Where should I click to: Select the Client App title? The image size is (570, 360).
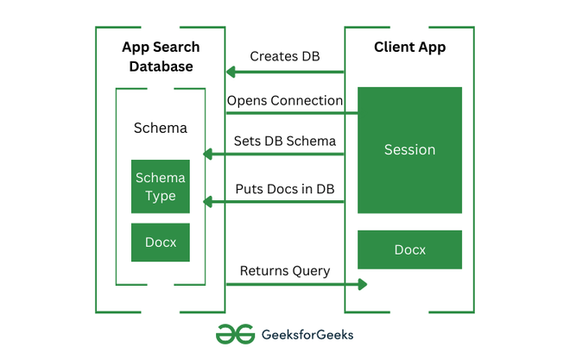(409, 47)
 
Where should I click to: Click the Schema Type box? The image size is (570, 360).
(161, 186)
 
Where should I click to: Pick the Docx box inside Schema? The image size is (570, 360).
(161, 243)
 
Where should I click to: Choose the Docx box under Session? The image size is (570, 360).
(409, 249)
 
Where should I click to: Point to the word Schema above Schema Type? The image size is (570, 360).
(161, 129)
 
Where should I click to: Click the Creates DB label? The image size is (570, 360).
(284, 56)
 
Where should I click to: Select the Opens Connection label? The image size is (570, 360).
(284, 100)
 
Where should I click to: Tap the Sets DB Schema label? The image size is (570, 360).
(284, 141)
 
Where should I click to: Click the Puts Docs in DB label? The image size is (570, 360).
(284, 188)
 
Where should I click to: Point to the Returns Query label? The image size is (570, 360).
(284, 271)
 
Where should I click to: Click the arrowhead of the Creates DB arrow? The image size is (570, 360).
(231, 72)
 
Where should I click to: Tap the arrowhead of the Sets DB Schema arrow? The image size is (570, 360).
(208, 155)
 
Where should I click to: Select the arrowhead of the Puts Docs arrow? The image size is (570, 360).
(208, 202)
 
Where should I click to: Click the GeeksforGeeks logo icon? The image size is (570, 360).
(234, 334)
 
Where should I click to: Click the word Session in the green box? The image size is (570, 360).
(409, 149)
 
